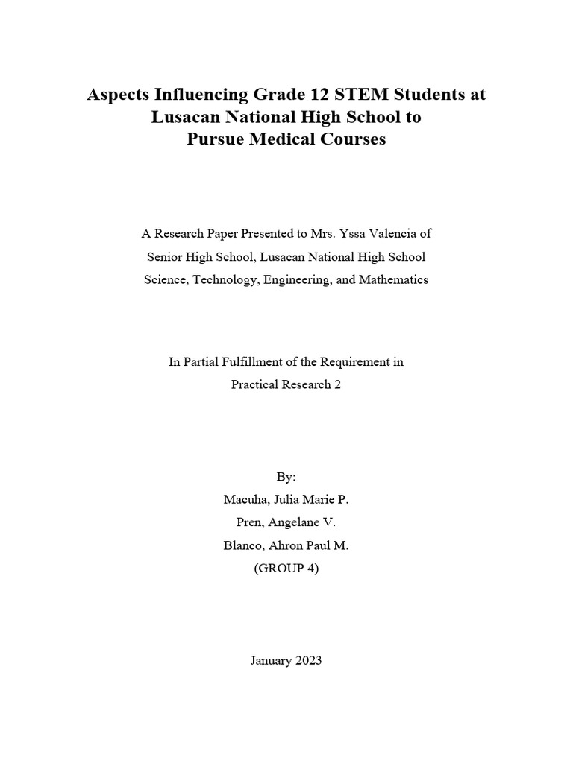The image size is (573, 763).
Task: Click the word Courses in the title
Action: [x=356, y=139]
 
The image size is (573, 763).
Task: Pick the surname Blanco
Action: [x=245, y=545]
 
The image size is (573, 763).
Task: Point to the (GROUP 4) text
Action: [x=286, y=569]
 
